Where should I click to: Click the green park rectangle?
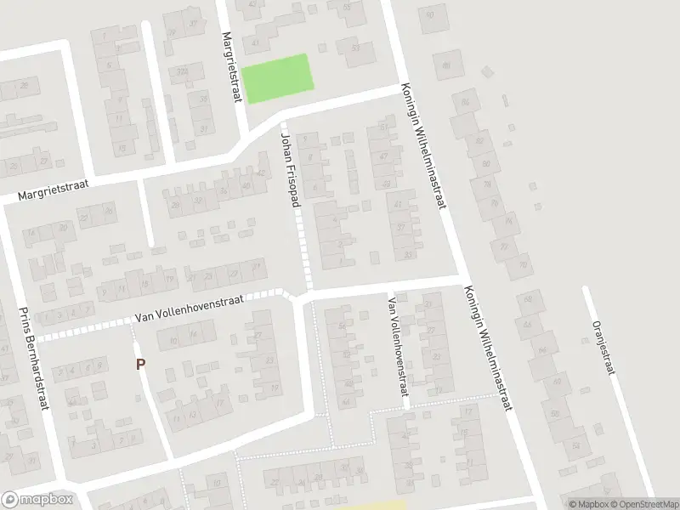coord(277,78)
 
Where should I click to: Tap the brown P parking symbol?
coord(141,365)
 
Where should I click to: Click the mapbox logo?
coord(37,500)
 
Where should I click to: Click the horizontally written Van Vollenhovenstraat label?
coord(189,309)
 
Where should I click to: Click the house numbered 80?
coord(486,163)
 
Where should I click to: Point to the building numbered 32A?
coord(181,71)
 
